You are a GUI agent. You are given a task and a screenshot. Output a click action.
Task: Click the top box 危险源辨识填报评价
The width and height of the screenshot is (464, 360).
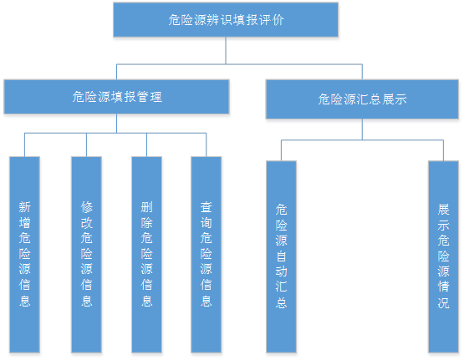coord(226,20)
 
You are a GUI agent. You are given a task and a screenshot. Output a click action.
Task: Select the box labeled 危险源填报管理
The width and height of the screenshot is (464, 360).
coord(116,97)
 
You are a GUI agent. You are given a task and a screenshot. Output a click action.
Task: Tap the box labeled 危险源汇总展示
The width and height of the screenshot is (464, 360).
coord(362,99)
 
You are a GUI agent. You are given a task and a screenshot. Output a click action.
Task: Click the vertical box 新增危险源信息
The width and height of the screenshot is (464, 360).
coord(24,255)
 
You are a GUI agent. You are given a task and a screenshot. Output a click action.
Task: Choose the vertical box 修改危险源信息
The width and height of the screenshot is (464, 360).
coord(86,255)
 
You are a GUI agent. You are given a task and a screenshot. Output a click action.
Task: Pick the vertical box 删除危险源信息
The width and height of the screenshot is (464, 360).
coord(147,255)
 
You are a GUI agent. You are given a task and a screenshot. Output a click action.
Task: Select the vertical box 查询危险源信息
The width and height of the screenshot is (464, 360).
coord(207,255)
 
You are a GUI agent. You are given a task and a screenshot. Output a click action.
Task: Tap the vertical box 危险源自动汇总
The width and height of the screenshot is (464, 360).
coord(281,256)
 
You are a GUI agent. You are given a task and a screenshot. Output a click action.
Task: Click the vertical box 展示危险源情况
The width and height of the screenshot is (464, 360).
coord(444,256)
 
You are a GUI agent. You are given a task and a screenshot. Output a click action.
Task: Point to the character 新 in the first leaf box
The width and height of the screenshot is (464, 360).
coord(24,207)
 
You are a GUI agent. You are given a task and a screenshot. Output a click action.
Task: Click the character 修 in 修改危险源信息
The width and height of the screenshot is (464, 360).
coord(87,207)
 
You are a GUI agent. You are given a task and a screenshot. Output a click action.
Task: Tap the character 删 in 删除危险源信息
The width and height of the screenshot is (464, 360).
coord(147,207)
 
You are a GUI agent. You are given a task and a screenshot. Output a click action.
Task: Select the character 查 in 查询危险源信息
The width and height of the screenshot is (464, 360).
coord(207,207)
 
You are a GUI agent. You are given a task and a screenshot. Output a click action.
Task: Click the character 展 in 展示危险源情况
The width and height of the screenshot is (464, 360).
coord(444,210)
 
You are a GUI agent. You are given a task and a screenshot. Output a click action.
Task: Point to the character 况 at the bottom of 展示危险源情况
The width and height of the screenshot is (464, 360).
coord(444,302)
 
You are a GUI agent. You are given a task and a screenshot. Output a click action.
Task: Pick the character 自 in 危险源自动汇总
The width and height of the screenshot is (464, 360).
coord(281,256)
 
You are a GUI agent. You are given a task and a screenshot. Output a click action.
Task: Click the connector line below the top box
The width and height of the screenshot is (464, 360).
coord(226,51)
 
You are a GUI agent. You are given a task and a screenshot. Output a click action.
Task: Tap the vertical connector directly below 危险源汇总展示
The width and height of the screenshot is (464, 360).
coord(362,129)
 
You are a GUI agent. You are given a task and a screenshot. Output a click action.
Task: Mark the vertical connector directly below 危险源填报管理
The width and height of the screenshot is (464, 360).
coord(116,124)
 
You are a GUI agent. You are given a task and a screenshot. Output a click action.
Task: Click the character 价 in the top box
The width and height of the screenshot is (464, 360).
coord(278,20)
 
